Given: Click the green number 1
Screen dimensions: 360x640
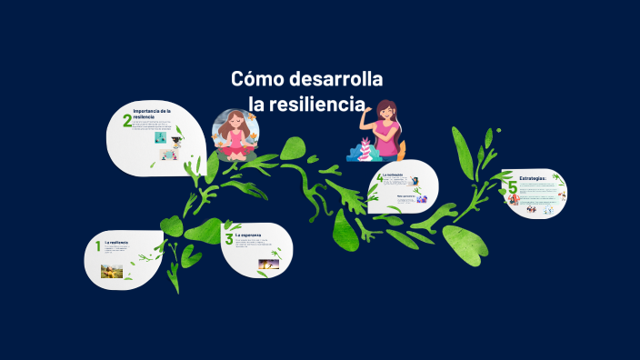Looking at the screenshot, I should (x=98, y=246).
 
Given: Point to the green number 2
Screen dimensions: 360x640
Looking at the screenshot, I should (x=127, y=121).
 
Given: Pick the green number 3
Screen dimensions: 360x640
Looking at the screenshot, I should (x=229, y=240).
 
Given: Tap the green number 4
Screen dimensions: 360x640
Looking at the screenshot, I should (x=379, y=178).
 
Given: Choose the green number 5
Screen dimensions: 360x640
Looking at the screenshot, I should (x=513, y=188).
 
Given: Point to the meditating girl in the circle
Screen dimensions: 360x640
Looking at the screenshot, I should (x=235, y=135).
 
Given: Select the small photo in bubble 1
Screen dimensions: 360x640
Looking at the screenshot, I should (x=112, y=270).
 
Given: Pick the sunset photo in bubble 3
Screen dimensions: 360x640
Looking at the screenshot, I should (x=268, y=265).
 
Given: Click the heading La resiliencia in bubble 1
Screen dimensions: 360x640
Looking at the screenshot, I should (x=116, y=243).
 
